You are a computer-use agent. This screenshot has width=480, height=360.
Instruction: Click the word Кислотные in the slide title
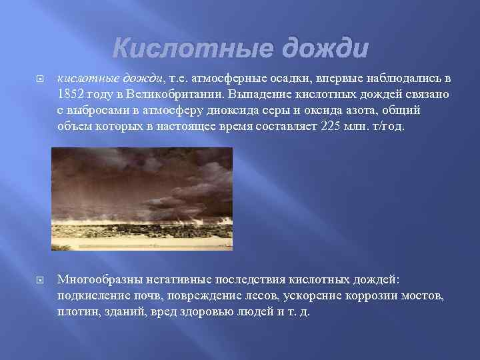tap(193, 49)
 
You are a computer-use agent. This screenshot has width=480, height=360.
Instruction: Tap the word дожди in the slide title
tap(325, 49)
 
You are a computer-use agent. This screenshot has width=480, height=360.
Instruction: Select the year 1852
tap(71, 94)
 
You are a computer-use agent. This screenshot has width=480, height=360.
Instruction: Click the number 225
tap(330, 126)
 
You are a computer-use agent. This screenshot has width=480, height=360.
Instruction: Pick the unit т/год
tap(389, 126)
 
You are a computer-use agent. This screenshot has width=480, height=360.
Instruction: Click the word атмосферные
tap(229, 79)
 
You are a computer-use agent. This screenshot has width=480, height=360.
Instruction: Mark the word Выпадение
tap(259, 94)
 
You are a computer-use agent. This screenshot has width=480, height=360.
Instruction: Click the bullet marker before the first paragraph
tap(40, 79)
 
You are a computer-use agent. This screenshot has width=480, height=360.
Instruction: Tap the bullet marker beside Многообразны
tap(40, 280)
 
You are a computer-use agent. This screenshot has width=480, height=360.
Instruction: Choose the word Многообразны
tap(100, 280)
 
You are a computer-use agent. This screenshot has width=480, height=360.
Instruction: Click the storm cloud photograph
tap(142, 199)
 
